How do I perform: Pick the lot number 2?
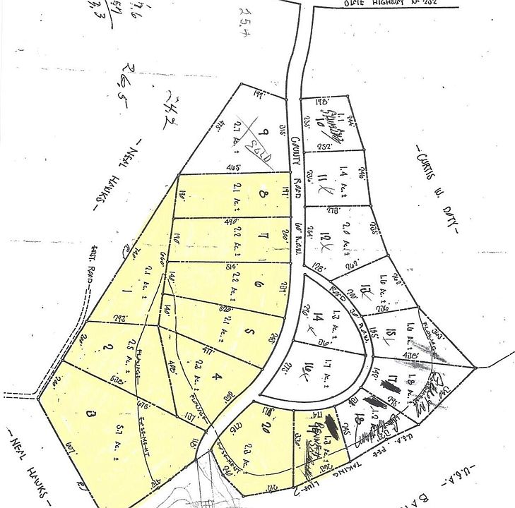click(107, 348)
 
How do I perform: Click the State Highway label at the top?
click(370, 4)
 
